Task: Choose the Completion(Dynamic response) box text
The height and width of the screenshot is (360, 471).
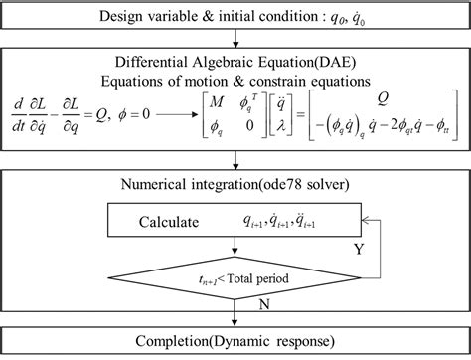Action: (235, 343)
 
